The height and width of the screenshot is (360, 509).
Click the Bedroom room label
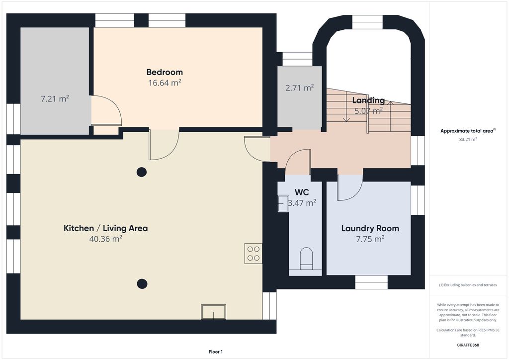click(164, 72)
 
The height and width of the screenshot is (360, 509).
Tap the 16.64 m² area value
click(164, 83)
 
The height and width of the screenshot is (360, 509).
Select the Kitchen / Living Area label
click(105, 228)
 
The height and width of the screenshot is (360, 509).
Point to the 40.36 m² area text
click(105, 239)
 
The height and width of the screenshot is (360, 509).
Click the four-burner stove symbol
click(253, 254)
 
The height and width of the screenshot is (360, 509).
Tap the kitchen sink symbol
click(213, 312)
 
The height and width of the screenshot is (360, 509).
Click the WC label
click(302, 192)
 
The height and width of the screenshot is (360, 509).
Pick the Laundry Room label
click(370, 228)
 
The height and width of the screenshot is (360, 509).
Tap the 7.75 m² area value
click(370, 239)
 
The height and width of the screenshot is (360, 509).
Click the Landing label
click(368, 100)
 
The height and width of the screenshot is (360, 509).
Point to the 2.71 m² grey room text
click(299, 88)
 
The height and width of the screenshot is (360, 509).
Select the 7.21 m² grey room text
click(54, 99)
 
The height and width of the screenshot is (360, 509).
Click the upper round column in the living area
click(142, 172)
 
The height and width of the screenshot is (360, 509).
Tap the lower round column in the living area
click(142, 284)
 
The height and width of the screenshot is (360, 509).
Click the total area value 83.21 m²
click(468, 140)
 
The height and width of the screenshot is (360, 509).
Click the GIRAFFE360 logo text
click(468, 345)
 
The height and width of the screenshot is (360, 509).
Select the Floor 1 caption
click(215, 352)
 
